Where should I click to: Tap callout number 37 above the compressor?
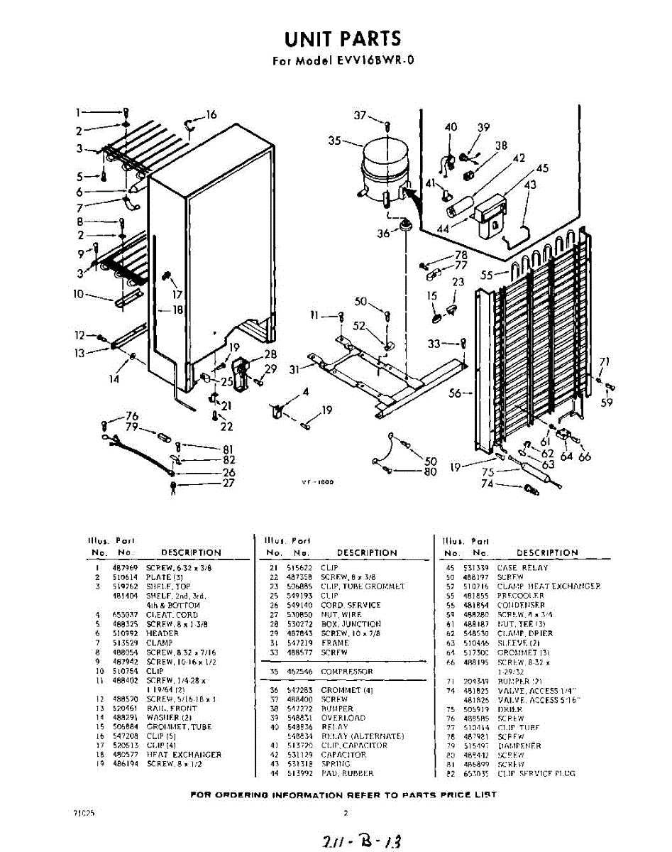click(x=360, y=116)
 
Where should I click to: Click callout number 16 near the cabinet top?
click(x=211, y=115)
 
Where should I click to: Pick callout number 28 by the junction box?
click(x=270, y=354)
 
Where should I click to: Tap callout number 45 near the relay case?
click(x=542, y=168)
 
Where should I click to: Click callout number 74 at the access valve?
click(x=487, y=484)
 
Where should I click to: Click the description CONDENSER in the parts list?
click(x=521, y=605)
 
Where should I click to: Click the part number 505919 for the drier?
click(x=475, y=709)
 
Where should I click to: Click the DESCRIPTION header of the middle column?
click(x=367, y=552)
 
